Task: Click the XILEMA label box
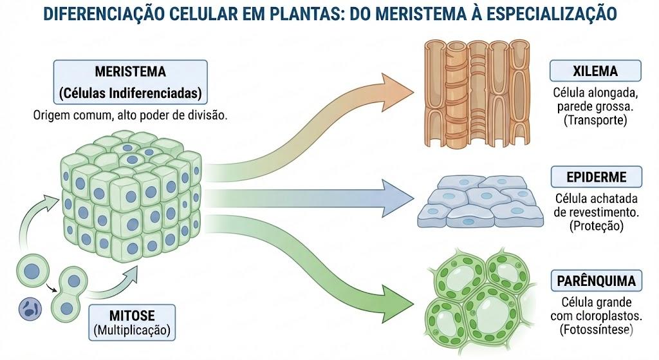point(595,71)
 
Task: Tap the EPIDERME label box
point(597,176)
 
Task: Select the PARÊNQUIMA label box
point(597,281)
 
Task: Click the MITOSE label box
point(132,322)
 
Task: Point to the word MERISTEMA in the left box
point(130,71)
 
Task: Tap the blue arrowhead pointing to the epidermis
point(397,198)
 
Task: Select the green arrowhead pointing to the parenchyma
point(396,303)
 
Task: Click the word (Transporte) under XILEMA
point(595,120)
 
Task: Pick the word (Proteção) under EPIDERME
point(597,226)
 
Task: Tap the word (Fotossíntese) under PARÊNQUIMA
point(597,329)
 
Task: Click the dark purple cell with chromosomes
point(30,310)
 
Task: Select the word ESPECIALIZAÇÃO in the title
point(552,14)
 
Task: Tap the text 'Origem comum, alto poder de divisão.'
point(130,115)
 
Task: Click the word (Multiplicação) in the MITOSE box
point(132,330)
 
